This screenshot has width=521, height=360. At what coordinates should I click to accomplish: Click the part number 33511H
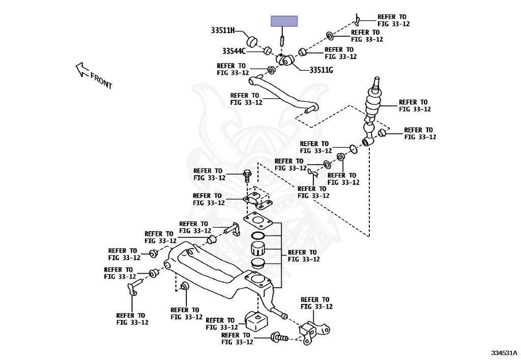pyautogui.click(x=223, y=31)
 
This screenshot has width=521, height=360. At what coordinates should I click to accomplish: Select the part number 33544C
pyautogui.click(x=234, y=51)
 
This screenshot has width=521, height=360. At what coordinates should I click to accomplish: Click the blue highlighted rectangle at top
pyautogui.click(x=284, y=21)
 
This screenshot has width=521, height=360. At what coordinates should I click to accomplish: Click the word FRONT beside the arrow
pyautogui.click(x=101, y=81)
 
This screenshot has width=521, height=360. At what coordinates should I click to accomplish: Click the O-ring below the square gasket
pyautogui.click(x=258, y=236)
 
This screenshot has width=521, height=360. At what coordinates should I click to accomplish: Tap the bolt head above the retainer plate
pyautogui.click(x=247, y=175)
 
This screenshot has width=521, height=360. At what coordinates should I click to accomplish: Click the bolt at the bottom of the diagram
pyautogui.click(x=279, y=337)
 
